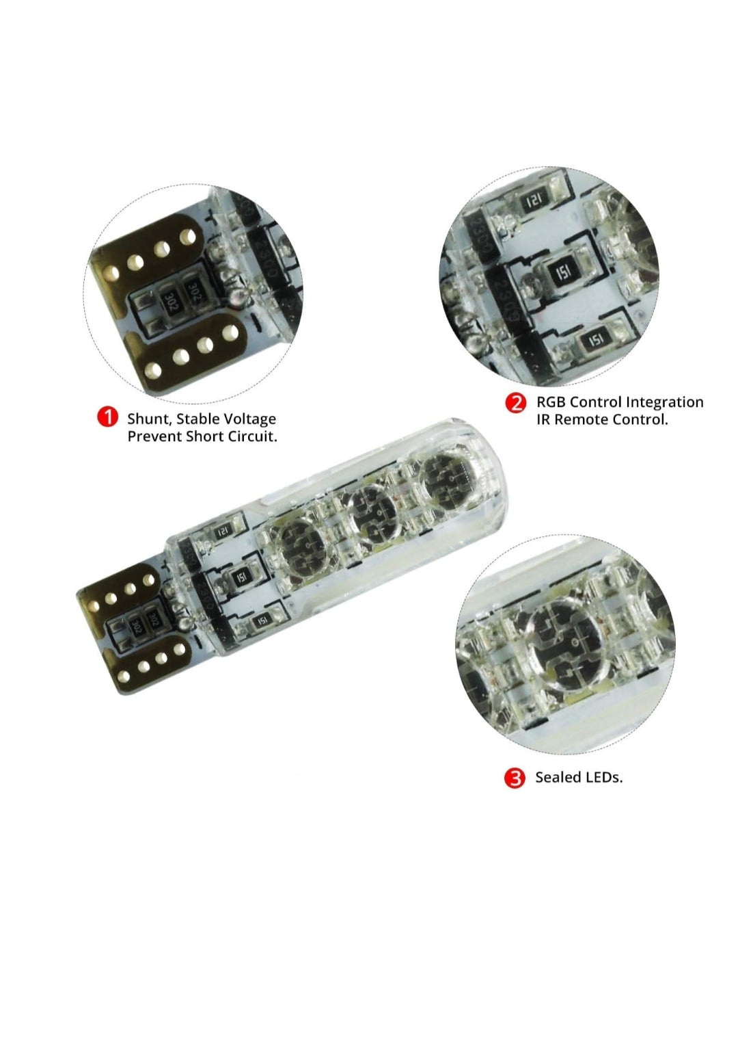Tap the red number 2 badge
516,403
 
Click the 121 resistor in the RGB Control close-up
535,201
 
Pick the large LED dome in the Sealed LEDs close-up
570,639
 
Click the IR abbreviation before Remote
543,420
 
